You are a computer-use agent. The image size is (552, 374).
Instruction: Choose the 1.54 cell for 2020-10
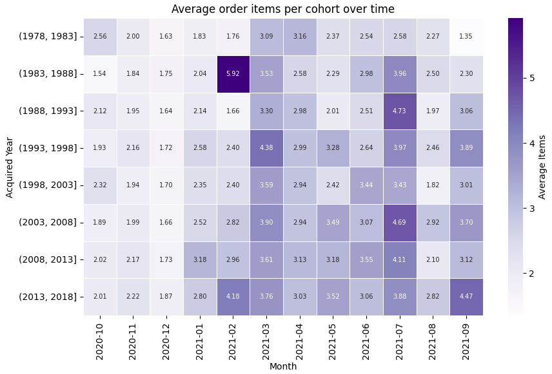tap(100, 73)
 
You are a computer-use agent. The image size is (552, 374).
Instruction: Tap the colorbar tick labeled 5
tap(532, 78)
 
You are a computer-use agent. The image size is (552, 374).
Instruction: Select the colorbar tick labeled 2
tap(532, 274)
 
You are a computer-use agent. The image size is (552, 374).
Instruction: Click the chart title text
tap(283, 9)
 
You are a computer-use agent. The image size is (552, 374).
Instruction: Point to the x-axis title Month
tap(284, 366)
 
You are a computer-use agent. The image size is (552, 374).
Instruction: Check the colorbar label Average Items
tap(542, 167)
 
